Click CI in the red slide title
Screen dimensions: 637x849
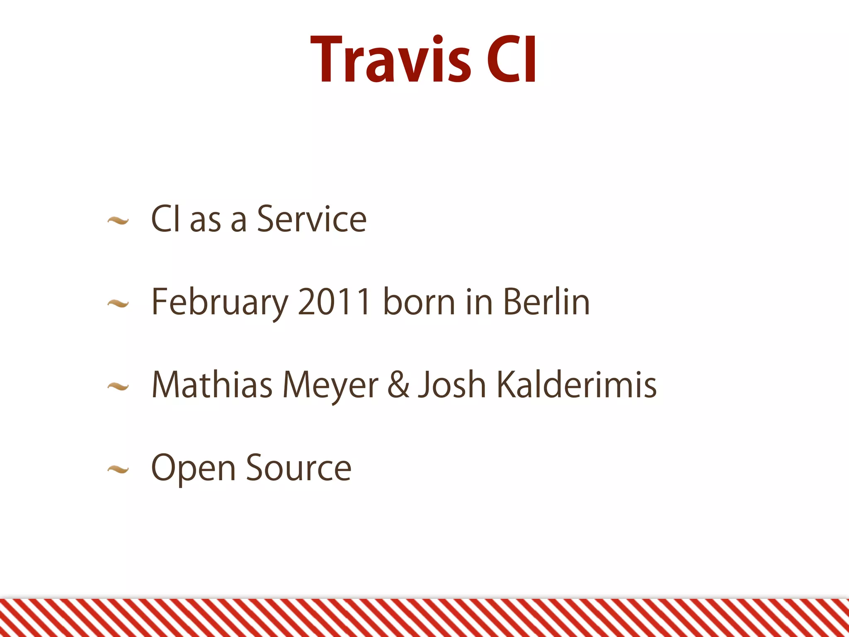512,60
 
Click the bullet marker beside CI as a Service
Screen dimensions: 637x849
118,221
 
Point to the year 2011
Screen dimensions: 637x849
334,301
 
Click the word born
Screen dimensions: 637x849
419,301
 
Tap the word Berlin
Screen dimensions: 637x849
546,301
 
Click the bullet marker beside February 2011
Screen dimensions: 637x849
118,304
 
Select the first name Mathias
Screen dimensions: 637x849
212,385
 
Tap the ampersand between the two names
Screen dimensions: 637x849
398,385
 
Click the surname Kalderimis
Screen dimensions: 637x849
576,385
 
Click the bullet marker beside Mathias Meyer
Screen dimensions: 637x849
118,387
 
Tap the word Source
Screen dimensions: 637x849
298,468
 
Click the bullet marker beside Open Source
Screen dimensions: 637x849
118,470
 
